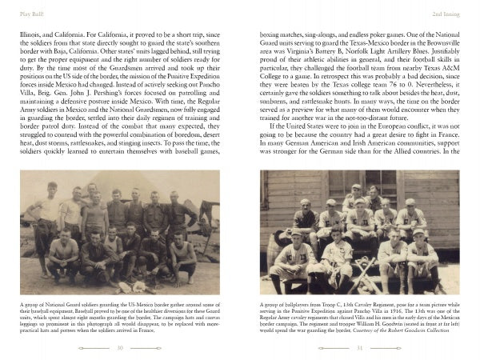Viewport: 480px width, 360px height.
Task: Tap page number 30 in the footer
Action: tap(119, 348)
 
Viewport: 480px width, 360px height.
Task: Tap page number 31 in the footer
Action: tap(360, 348)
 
